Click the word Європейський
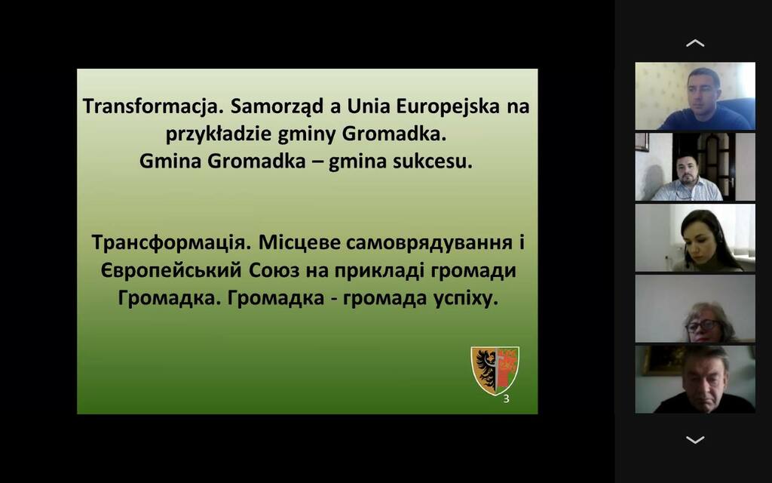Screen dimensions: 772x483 coord(171,271)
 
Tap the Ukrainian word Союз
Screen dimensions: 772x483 coord(274,271)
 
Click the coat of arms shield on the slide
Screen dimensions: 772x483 coord(495,370)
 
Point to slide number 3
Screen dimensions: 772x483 coord(506,399)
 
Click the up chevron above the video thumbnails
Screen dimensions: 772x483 coord(694,43)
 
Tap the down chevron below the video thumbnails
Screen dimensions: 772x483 coord(694,439)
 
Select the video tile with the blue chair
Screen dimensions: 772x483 coord(694,96)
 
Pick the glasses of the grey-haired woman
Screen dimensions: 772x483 coord(703,326)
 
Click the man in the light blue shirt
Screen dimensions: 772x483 coord(688,180)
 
